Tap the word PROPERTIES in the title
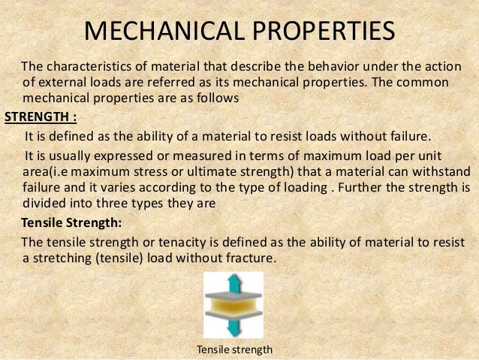(314, 32)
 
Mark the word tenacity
(169, 241)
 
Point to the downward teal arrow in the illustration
(233, 328)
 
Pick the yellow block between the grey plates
(233, 305)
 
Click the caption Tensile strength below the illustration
(233, 349)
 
